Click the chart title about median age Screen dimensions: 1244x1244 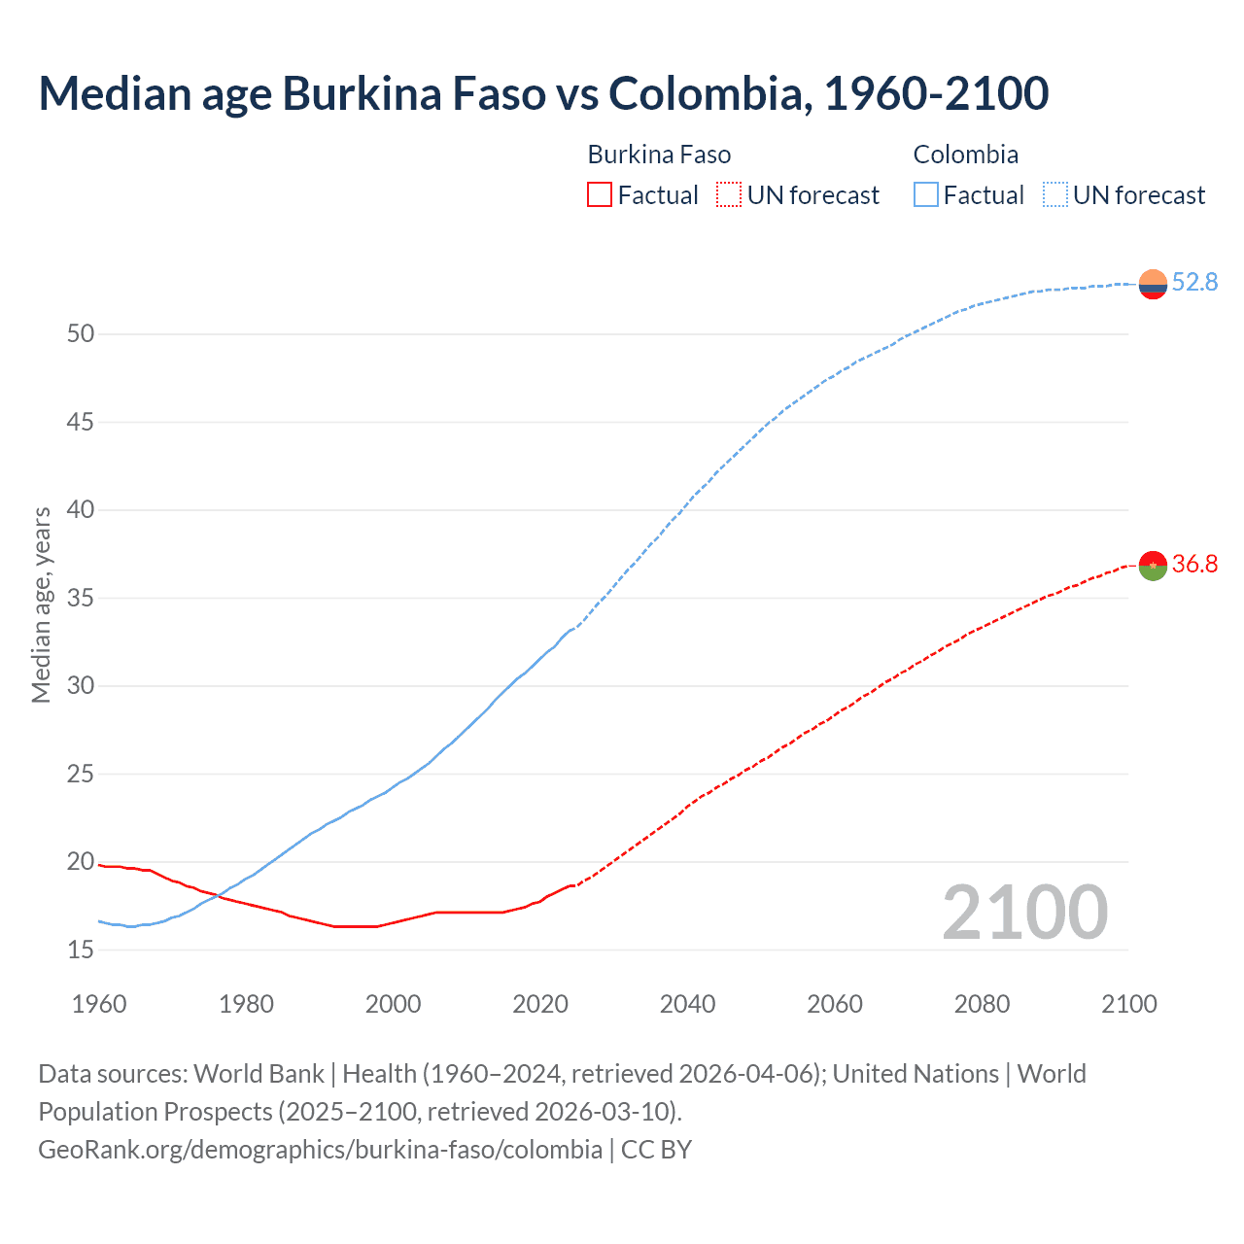tap(543, 93)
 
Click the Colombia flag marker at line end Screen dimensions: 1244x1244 tap(1153, 284)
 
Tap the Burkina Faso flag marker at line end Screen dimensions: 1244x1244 tap(1153, 566)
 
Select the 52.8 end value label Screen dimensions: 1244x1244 tap(1194, 282)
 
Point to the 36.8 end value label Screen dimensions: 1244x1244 tap(1194, 564)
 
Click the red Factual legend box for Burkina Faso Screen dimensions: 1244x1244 tap(600, 195)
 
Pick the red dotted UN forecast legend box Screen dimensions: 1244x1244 tap(729, 195)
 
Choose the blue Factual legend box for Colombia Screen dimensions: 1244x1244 tap(925, 195)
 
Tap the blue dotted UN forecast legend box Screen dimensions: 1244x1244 tap(1054, 195)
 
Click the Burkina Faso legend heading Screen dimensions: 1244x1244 tap(659, 155)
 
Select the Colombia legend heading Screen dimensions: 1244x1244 tap(965, 155)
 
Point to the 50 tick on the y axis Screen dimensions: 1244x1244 tap(81, 334)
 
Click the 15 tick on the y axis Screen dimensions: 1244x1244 tap(81, 950)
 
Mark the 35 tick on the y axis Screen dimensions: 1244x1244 tap(81, 598)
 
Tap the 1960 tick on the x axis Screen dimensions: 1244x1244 tap(99, 1004)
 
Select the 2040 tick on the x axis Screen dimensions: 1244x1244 tap(687, 1004)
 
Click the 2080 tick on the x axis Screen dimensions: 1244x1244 tap(982, 1004)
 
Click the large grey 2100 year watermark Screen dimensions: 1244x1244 tap(1025, 912)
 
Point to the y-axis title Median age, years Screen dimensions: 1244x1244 tap(41, 605)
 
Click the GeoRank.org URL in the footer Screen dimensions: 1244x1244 tap(320, 1150)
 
